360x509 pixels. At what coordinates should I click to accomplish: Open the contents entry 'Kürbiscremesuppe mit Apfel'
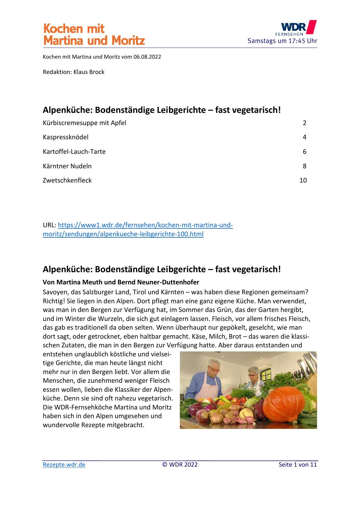click(x=84, y=123)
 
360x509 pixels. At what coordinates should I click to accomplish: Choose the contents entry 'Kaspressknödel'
click(x=66, y=137)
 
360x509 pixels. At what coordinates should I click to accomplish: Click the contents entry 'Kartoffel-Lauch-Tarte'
click(x=74, y=151)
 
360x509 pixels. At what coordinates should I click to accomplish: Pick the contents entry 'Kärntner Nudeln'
click(x=67, y=166)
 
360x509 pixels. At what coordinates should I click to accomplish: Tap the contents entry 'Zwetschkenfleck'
click(x=67, y=180)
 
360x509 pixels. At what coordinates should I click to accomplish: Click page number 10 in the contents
click(x=303, y=180)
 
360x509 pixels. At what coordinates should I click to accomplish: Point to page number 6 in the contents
click(x=304, y=151)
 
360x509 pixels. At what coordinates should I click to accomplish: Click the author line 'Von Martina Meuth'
click(x=121, y=282)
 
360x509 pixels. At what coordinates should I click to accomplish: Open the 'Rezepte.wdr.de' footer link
click(x=64, y=465)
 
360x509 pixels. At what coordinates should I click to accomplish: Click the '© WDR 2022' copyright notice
click(x=180, y=465)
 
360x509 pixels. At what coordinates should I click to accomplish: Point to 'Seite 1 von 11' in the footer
click(x=298, y=465)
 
